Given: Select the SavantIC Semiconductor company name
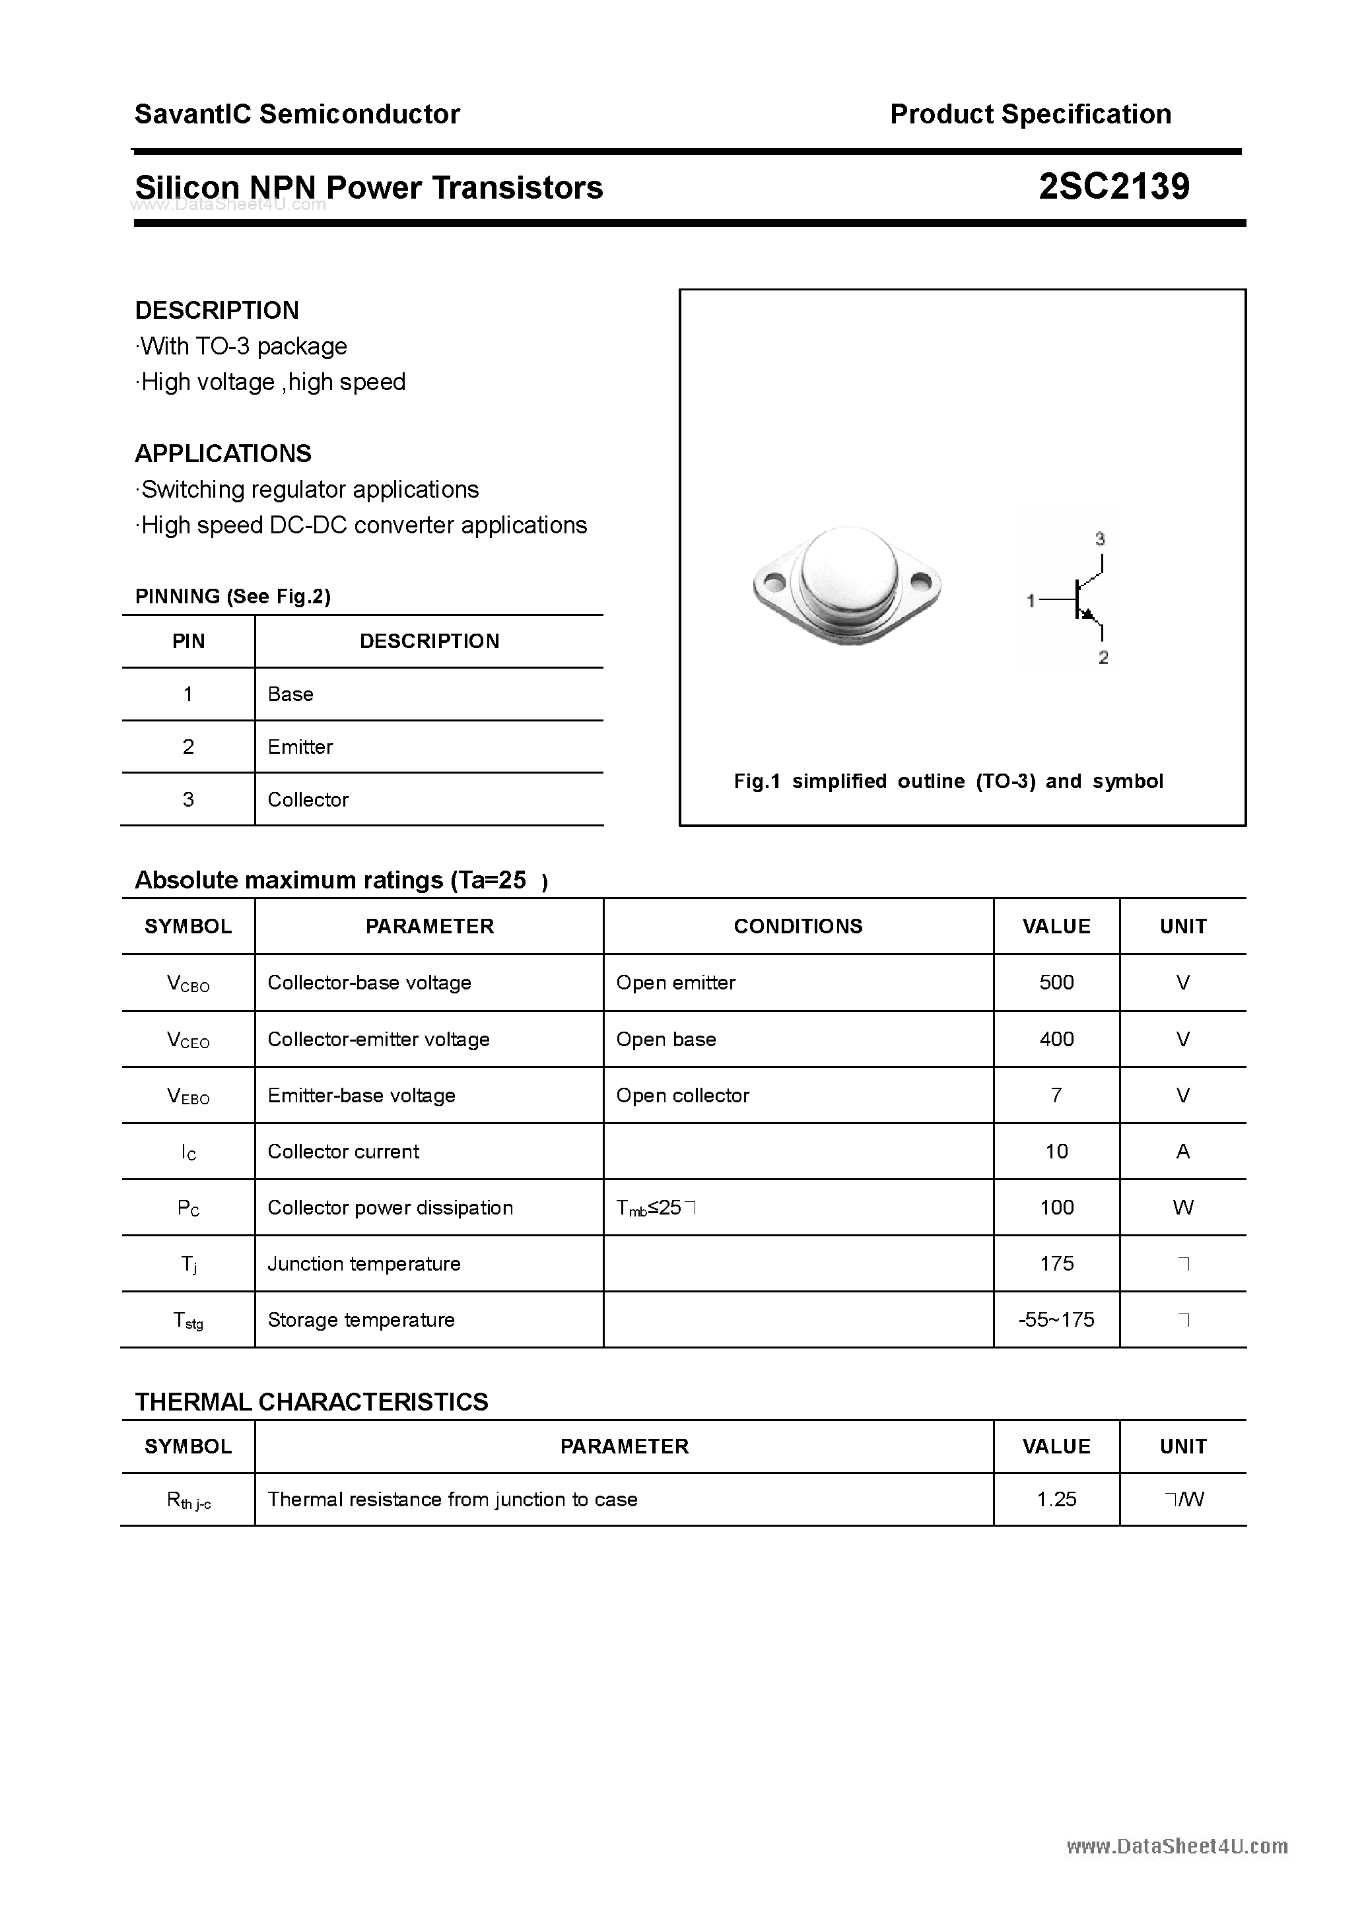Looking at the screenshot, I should (x=297, y=114).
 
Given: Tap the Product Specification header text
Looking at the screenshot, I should (x=1030, y=114).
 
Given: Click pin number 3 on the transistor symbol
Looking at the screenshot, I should (x=1099, y=539).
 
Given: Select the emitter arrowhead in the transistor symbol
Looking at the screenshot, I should (x=1090, y=616).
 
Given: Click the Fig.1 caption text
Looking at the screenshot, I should (x=948, y=781).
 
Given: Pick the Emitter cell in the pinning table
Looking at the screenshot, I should (x=300, y=747).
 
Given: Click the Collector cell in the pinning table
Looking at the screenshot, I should (x=308, y=799).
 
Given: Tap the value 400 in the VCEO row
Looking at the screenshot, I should (x=1056, y=1039).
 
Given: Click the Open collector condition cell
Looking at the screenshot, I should (x=682, y=1095).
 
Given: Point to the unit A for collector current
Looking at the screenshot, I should (x=1182, y=1152).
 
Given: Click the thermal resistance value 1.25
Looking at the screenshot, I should (x=1056, y=1499).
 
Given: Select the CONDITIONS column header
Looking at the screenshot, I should (x=798, y=926).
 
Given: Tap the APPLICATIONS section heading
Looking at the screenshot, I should (x=223, y=454).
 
